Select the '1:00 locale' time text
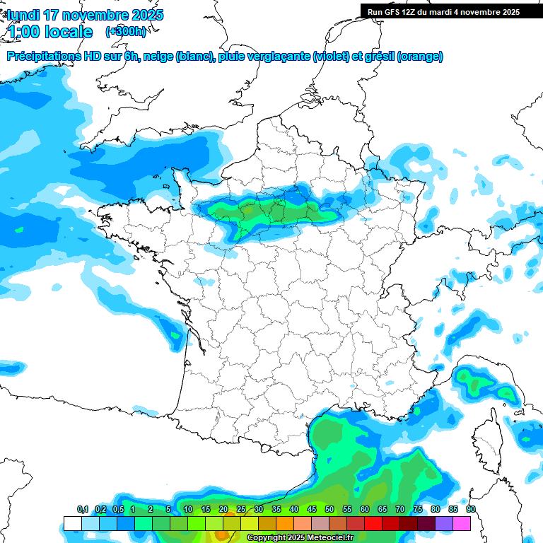[x=49, y=32]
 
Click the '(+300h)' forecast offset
[x=125, y=32]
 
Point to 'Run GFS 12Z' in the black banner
[x=392, y=11]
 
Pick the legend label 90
[x=470, y=510]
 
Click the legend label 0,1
[x=82, y=510]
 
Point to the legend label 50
[x=329, y=510]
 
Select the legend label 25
[x=241, y=510]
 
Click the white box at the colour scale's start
[x=72, y=523]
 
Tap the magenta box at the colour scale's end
[x=462, y=523]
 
